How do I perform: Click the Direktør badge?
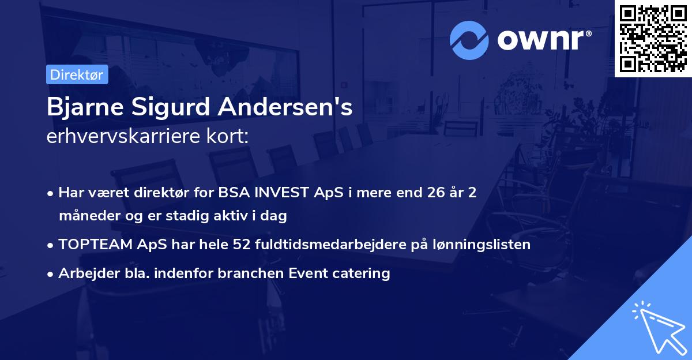[77, 74]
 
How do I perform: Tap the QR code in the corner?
[653, 38]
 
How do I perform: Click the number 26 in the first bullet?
[432, 193]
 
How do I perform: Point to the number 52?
[241, 245]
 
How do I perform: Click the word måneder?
[85, 216]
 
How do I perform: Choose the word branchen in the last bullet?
[246, 273]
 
